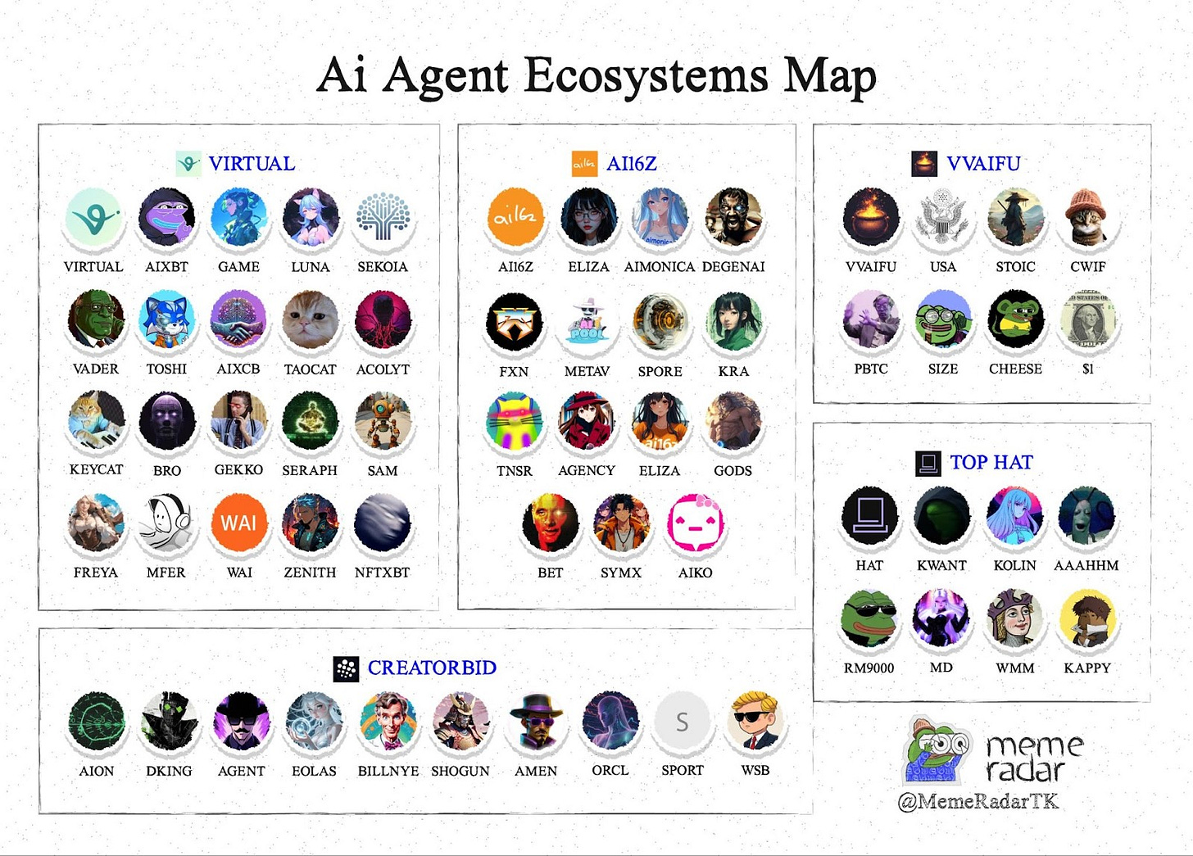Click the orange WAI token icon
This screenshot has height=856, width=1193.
point(238,523)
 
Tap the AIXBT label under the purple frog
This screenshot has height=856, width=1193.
point(166,267)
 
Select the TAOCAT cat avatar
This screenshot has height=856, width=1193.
point(311,319)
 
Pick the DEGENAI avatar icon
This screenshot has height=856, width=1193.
point(733,217)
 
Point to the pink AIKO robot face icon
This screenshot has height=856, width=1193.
point(695,523)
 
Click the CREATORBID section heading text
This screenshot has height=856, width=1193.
point(432,668)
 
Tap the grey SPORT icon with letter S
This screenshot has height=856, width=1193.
point(682,721)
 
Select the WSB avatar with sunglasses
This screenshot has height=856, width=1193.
point(755,721)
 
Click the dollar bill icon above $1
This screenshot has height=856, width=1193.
point(1087,319)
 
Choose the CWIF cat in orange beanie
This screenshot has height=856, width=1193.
point(1087,217)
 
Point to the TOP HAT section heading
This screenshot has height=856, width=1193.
point(991,463)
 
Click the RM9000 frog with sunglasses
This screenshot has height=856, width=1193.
point(869,618)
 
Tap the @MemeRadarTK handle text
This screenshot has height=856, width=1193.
point(978,801)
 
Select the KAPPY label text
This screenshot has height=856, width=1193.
point(1087,668)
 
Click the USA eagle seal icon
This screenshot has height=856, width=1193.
point(942,217)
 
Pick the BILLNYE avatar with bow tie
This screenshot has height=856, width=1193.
point(388,721)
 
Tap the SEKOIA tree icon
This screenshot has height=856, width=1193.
point(383,217)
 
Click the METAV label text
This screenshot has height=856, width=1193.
point(587,371)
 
